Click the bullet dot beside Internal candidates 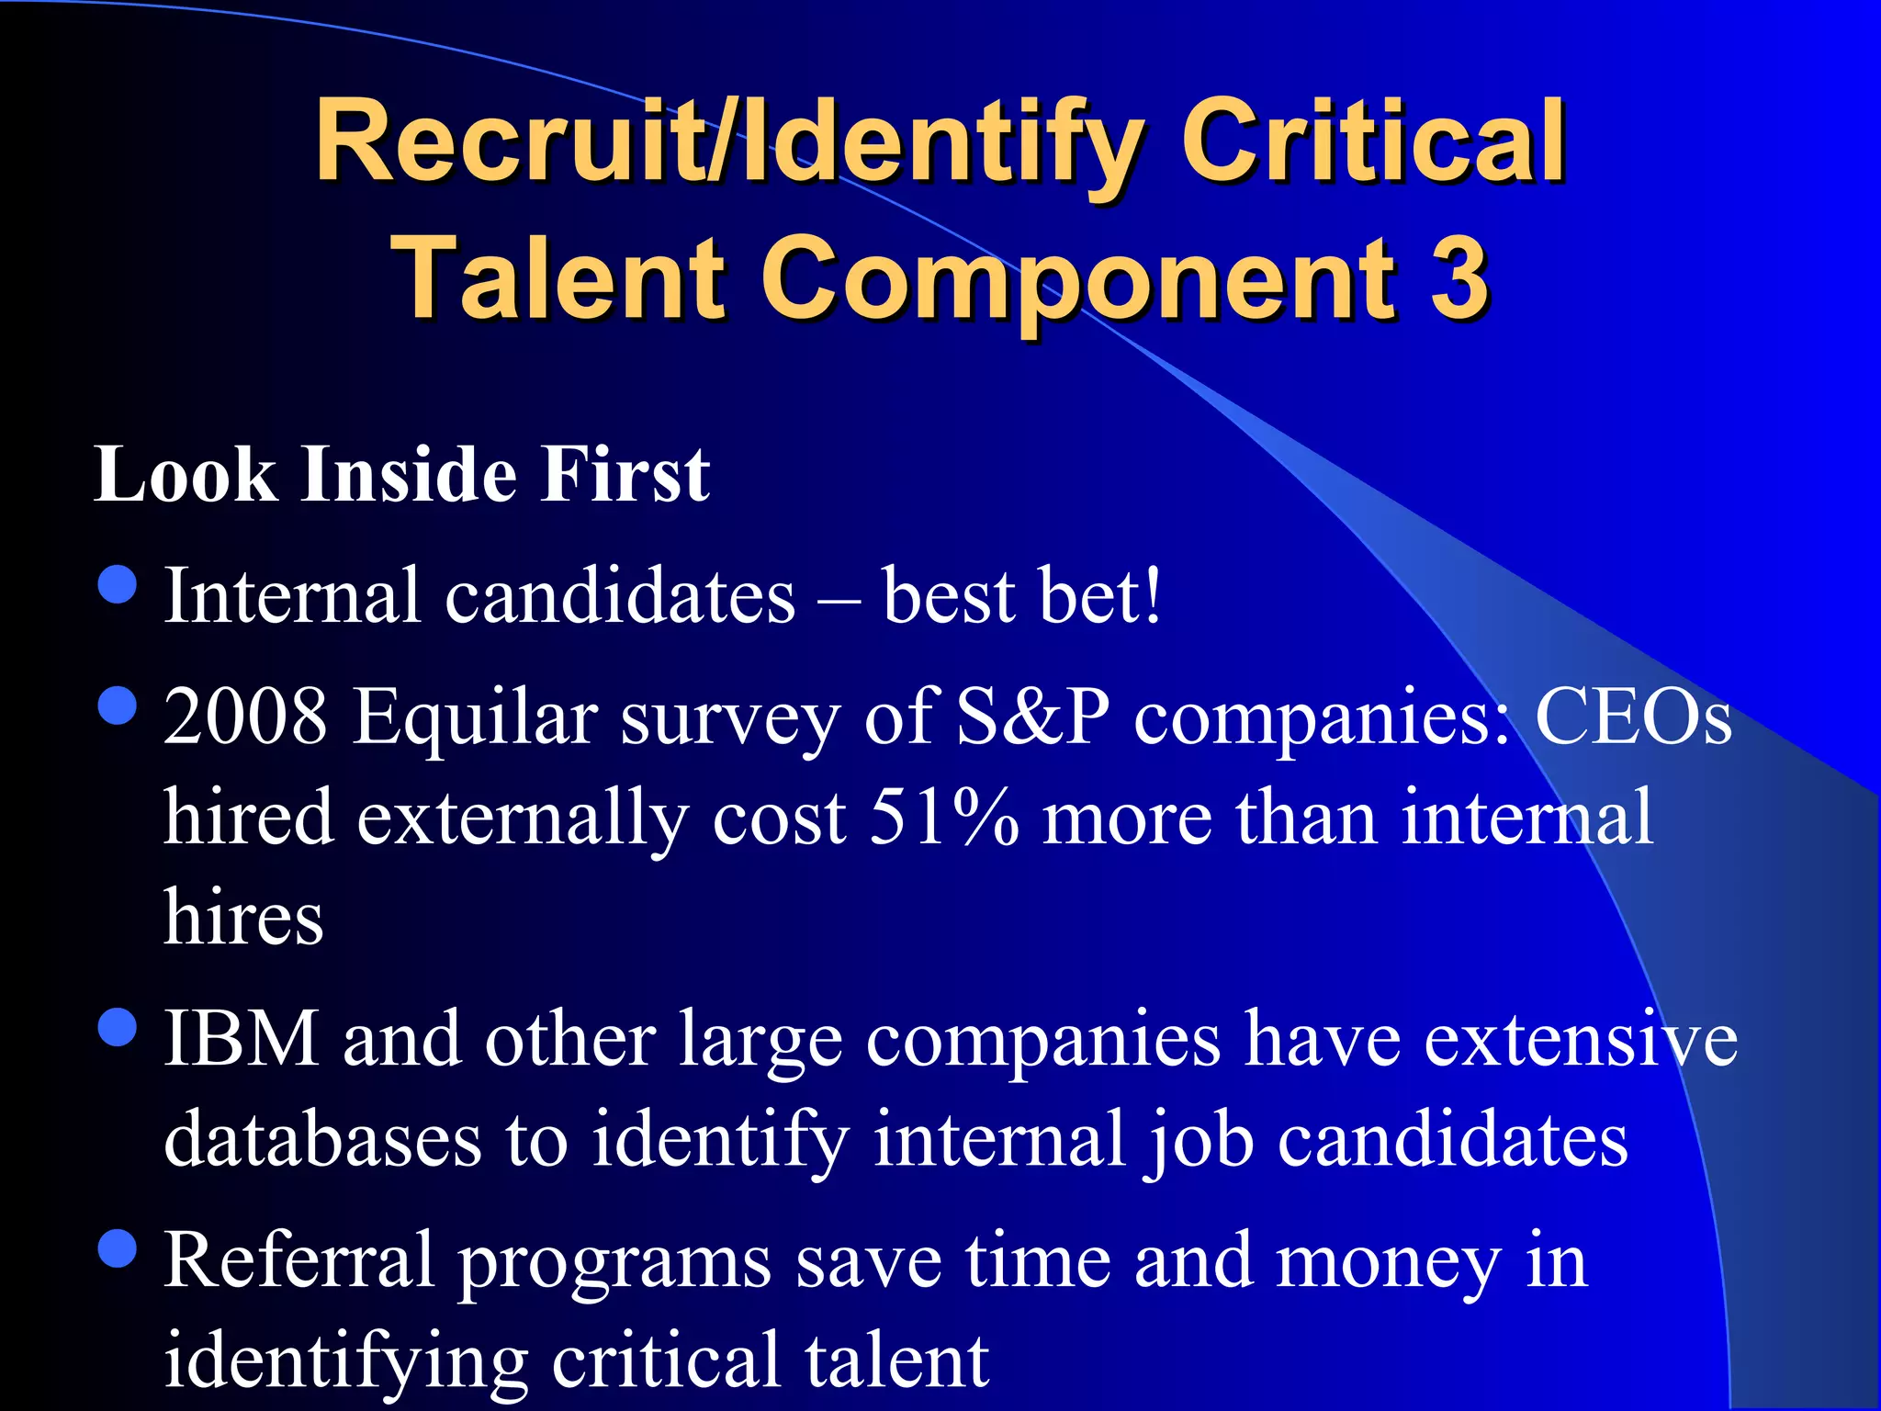coord(117,585)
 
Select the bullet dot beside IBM coord(117,1027)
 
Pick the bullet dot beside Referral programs coord(117,1248)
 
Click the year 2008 coord(245,717)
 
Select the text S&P coord(1032,717)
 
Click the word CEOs coord(1633,717)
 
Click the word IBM coord(241,1039)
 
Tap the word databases coord(322,1139)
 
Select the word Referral coord(298,1261)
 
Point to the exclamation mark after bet coord(1152,596)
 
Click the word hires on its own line coord(243,918)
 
